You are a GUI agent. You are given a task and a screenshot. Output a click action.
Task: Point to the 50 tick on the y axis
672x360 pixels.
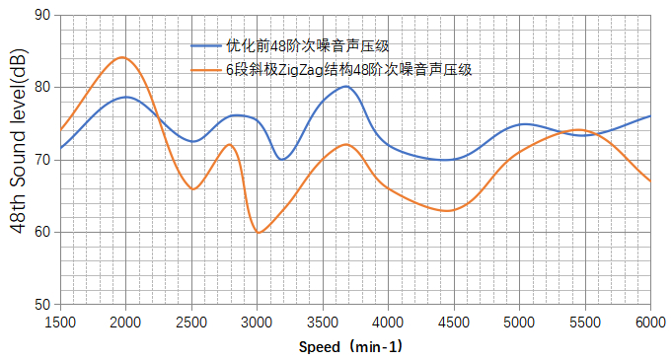pyautogui.click(x=42, y=305)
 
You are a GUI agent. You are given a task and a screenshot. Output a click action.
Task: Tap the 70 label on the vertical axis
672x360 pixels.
pyautogui.click(x=42, y=160)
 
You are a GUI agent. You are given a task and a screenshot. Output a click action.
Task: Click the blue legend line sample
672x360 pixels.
pyautogui.click(x=207, y=44)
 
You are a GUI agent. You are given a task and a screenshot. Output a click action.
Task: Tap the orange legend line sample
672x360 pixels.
pyautogui.click(x=207, y=69)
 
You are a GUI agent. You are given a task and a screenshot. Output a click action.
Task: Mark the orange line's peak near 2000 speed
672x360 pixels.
pyautogui.click(x=122, y=57)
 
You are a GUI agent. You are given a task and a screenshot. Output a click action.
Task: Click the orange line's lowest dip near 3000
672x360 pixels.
pyautogui.click(x=258, y=233)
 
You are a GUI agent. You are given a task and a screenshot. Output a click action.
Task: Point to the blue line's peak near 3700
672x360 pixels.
pyautogui.click(x=345, y=86)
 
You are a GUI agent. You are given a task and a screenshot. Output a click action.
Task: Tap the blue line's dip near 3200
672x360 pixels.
pyautogui.click(x=282, y=159)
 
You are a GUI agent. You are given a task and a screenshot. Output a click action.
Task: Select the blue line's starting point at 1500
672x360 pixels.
pyautogui.click(x=60, y=148)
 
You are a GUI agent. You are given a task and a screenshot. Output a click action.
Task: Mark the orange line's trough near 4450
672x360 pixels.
pyautogui.click(x=447, y=211)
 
